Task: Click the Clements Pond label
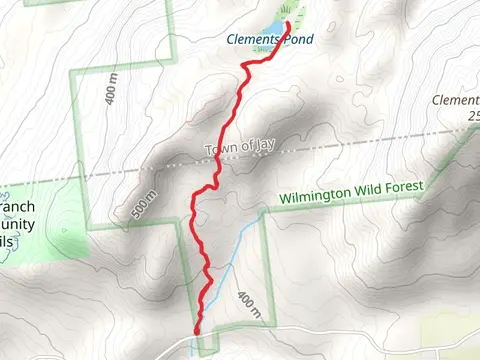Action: point(269,40)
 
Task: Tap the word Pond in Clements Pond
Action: point(298,40)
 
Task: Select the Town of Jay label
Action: point(239,151)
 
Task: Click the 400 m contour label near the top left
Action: point(107,92)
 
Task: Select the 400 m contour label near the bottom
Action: point(247,306)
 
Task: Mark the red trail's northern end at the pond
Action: point(290,23)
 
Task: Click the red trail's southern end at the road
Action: point(196,331)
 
